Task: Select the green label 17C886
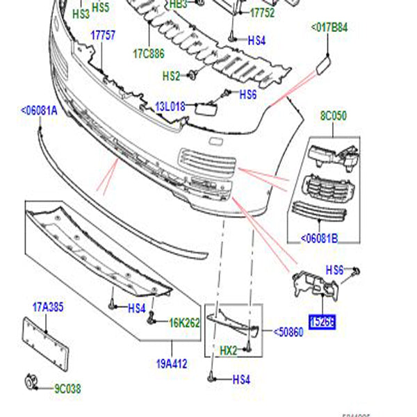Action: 149,52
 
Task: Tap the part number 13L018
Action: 170,106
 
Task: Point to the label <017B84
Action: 329,28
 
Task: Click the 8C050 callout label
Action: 334,115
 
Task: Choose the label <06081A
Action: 39,111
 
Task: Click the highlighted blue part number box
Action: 322,322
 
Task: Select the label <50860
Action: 288,333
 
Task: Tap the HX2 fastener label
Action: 229,350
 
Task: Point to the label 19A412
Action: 172,362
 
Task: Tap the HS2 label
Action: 171,75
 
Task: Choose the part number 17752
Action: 263,13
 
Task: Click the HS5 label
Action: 101,8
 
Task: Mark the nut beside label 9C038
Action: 30,380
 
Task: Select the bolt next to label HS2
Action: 194,74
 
